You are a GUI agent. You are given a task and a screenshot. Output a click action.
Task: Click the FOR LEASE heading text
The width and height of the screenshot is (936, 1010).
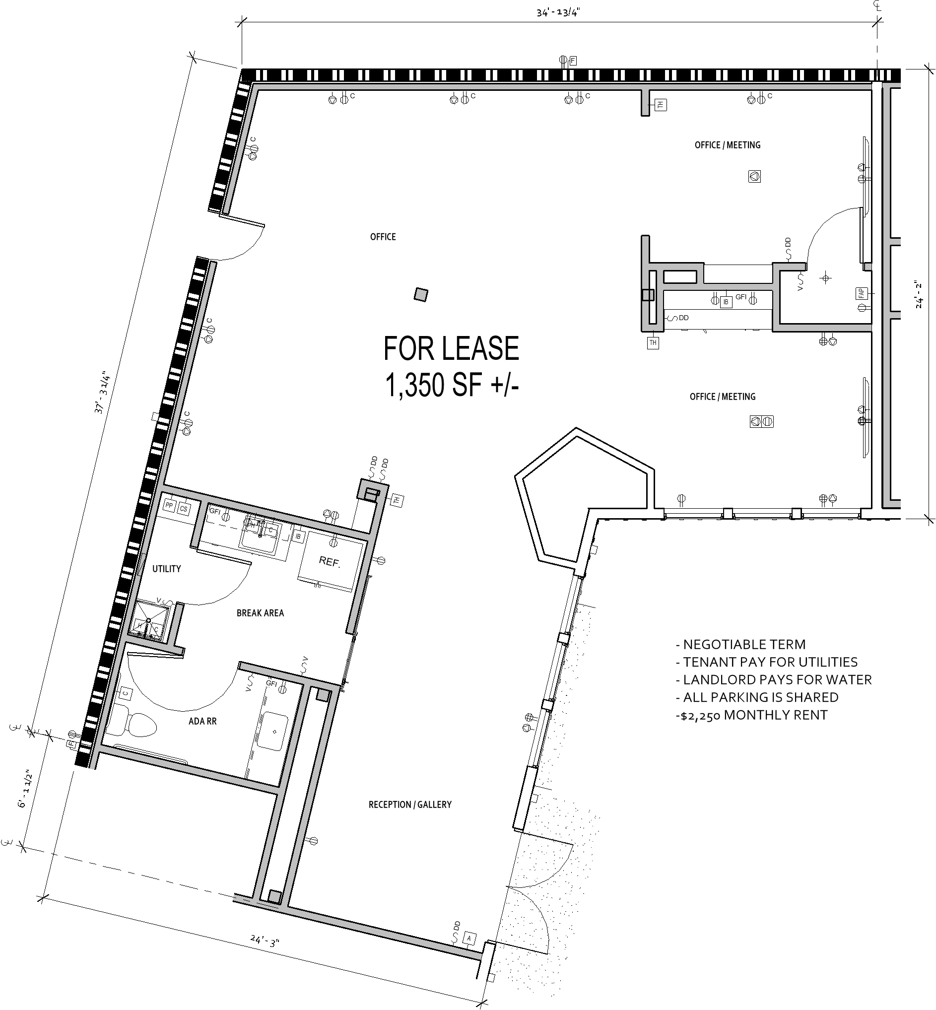(x=451, y=348)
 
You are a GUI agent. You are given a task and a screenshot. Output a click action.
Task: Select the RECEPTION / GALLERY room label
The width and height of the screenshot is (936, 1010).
(x=410, y=804)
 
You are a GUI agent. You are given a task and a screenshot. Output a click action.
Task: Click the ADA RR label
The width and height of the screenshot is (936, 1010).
(x=202, y=721)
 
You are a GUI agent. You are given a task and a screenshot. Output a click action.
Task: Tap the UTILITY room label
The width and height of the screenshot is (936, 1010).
(x=167, y=569)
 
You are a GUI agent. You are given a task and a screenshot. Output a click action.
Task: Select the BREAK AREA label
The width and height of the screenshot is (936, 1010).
(x=261, y=613)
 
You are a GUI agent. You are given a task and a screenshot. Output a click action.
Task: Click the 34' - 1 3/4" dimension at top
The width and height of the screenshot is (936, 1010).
(x=558, y=13)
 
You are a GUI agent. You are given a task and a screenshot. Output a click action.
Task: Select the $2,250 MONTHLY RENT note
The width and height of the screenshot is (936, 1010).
(x=752, y=715)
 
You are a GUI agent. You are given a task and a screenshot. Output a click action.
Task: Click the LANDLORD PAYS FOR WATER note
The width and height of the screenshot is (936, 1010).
(x=774, y=680)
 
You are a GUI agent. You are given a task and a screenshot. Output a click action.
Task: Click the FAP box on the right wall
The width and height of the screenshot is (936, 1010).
(x=862, y=293)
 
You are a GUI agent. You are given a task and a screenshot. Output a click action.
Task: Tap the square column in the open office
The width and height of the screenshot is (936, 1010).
(x=420, y=294)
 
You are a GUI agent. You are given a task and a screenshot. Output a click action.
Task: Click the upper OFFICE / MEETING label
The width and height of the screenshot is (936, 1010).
(x=728, y=145)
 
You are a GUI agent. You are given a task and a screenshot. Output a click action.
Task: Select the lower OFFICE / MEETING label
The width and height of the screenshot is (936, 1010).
(x=722, y=397)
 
